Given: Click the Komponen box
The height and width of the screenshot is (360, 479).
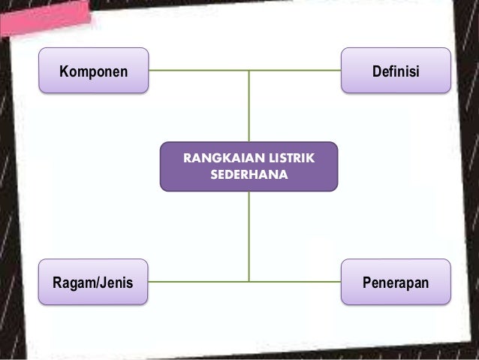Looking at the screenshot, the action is tap(94, 71).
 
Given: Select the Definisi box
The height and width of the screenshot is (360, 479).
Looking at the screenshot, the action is tap(396, 71).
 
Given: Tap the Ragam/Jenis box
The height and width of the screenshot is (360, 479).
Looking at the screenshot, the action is tap(93, 282).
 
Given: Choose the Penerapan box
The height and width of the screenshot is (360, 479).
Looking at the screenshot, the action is tap(396, 282).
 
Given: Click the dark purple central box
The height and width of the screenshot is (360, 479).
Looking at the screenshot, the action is tap(249, 166).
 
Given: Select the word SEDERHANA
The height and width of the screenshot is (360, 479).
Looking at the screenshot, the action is tap(249, 174).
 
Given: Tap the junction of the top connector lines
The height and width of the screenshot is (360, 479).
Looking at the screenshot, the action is tap(249, 71).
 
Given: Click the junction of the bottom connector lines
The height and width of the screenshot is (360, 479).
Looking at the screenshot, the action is tap(249, 282).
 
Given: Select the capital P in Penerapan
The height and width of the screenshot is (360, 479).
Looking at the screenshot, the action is tap(367, 283).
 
